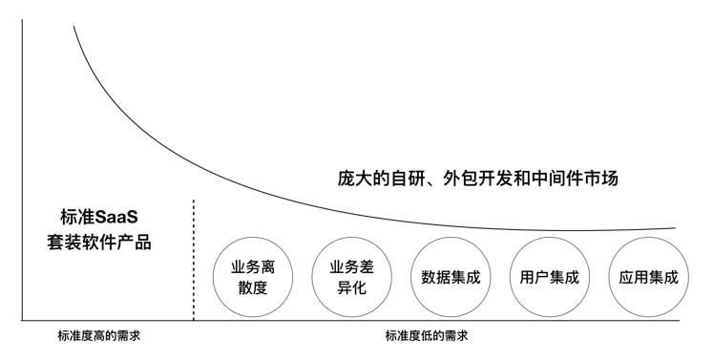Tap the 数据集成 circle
(x=450, y=277)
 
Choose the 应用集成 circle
(x=648, y=277)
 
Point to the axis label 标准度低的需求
(x=427, y=336)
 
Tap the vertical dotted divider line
(x=194, y=258)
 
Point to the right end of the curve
(x=674, y=229)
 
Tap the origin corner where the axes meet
(x=23, y=320)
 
